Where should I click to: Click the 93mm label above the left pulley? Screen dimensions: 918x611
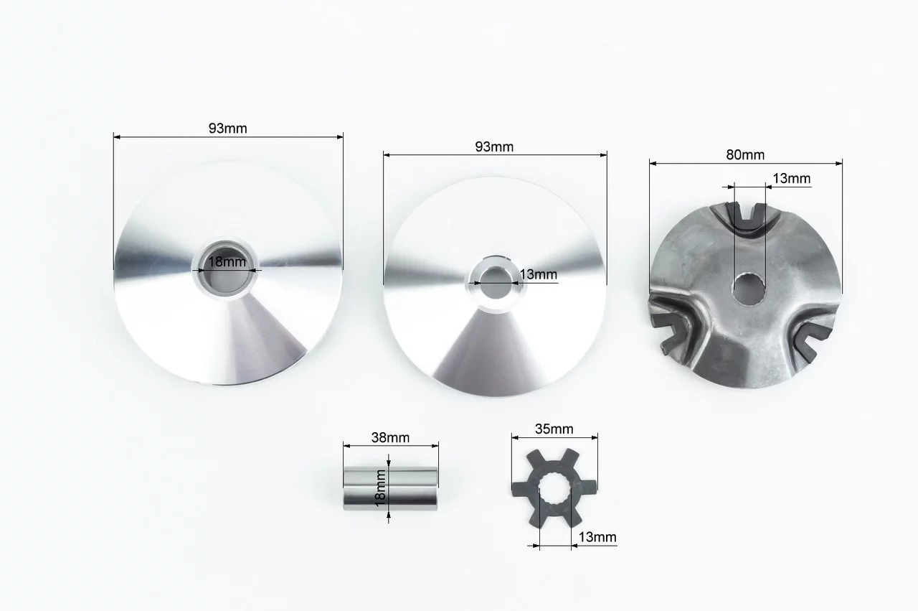pos(227,129)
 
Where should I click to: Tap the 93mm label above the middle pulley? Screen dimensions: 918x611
pos(494,147)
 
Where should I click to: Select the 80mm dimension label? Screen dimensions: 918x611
pos(745,154)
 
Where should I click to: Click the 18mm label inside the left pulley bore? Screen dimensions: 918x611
pos(227,261)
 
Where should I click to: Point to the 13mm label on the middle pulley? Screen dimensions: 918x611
pos(538,274)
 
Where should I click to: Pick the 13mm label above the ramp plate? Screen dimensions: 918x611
pos(791,179)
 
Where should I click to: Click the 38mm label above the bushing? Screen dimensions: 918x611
pos(390,437)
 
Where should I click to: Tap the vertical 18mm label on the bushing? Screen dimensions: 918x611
pos(380,488)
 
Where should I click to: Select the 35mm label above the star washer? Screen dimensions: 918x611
pos(554,429)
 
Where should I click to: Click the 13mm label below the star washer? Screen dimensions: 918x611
pos(597,537)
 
